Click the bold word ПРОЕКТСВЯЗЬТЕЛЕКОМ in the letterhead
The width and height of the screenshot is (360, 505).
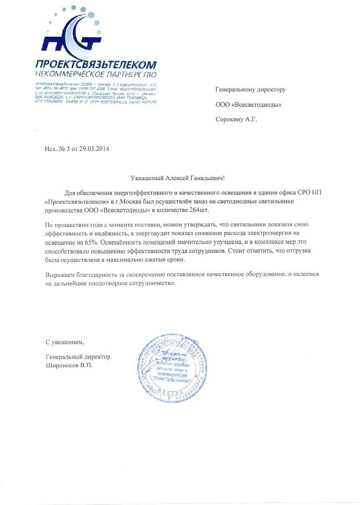[x=96, y=65]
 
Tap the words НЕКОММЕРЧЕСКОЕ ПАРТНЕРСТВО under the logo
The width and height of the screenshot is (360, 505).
[x=96, y=75]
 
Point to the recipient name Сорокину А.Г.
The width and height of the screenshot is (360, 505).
[x=239, y=120]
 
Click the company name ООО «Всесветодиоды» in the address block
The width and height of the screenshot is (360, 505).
[x=248, y=105]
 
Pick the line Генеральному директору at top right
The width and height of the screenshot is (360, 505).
[x=250, y=89]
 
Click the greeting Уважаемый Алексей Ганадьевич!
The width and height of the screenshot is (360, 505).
[x=178, y=178]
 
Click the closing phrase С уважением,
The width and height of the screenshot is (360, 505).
[x=64, y=342]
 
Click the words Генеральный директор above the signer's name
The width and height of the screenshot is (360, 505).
[x=78, y=357]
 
